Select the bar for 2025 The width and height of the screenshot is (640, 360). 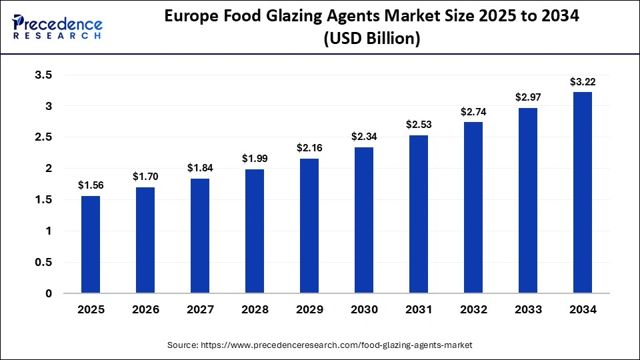coord(91,245)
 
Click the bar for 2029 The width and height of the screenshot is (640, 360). coord(309,226)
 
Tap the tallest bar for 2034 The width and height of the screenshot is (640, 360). coord(583,193)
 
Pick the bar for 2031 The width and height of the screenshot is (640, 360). coord(419,214)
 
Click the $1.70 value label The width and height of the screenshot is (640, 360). coord(145,177)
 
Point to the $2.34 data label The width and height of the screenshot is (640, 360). coord(364,137)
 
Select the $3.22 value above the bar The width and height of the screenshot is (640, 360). coord(583,82)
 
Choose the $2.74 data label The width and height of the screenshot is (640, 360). coord(473,112)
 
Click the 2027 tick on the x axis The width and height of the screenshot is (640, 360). coord(200,310)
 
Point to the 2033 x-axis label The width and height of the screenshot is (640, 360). coord(528,310)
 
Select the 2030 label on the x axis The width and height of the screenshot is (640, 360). coord(364,310)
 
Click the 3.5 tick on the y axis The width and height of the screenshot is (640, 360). coord(43,75)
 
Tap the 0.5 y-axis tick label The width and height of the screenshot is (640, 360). coord(43,262)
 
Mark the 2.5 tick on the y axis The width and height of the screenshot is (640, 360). coord(43,137)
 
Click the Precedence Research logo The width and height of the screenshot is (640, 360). coord(57,27)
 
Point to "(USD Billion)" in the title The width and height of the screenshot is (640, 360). coord(371,39)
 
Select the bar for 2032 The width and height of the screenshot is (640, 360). coord(473,207)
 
